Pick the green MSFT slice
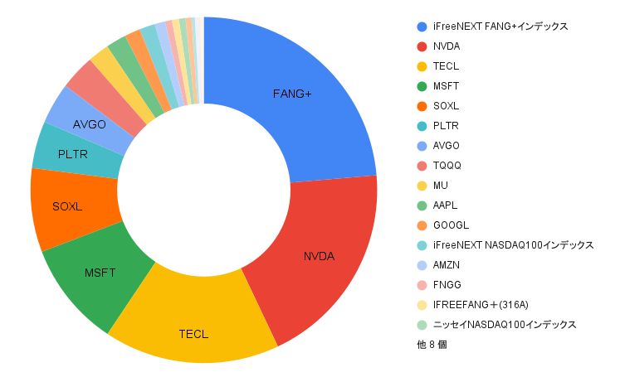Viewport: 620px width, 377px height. click(100, 273)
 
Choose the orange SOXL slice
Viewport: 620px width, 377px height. click(67, 206)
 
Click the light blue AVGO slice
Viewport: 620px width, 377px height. click(90, 124)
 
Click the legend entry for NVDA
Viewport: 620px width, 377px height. click(447, 46)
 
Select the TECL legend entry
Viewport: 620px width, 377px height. click(446, 66)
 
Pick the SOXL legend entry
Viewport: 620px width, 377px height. click(447, 106)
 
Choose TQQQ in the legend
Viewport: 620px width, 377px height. click(447, 166)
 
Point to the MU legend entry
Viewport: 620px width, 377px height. click(441, 186)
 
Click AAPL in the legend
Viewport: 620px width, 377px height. click(446, 205)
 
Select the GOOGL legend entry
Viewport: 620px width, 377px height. click(451, 225)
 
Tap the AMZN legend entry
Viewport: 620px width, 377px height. click(447, 265)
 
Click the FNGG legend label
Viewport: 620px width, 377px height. click(447, 285)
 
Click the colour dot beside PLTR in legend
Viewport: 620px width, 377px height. click(422, 126)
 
